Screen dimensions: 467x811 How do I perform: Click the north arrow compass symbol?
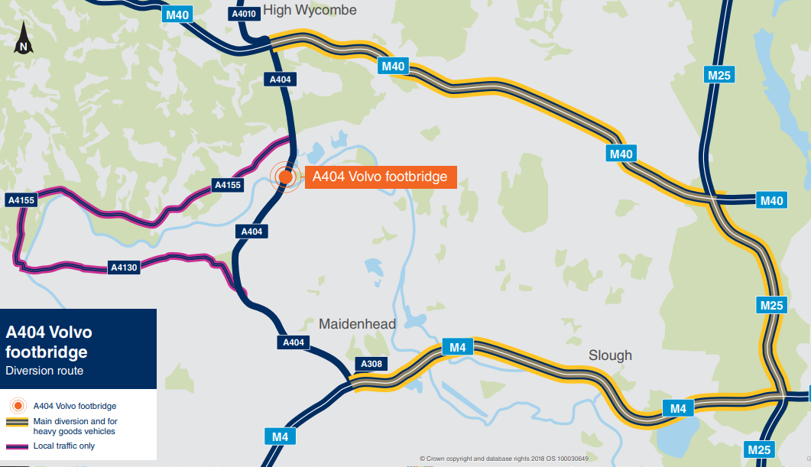pos(24,38)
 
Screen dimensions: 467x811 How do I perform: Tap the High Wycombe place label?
pos(309,10)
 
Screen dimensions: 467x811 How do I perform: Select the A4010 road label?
pos(244,14)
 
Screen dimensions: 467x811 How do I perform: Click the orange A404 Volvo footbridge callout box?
pos(380,177)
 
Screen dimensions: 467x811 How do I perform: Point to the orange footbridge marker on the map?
pos(285,177)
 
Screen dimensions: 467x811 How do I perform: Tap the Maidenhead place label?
pos(357,324)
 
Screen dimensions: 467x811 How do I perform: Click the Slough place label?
pos(610,355)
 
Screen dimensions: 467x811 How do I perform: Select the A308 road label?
pos(371,363)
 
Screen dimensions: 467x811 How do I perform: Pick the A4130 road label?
pos(124,268)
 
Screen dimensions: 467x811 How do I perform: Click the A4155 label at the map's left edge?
pos(21,200)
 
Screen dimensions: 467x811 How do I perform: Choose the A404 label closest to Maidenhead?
pos(294,342)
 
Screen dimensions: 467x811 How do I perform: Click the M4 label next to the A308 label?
pos(457,349)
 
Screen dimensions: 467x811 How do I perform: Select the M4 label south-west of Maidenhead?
pos(281,437)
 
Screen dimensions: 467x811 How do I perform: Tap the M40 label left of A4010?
pos(177,14)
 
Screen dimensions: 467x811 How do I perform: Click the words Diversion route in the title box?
pos(44,371)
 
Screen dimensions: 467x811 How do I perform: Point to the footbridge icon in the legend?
pos(18,406)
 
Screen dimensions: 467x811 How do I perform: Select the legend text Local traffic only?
pos(64,446)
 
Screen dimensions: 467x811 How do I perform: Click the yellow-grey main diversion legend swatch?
pos(18,421)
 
